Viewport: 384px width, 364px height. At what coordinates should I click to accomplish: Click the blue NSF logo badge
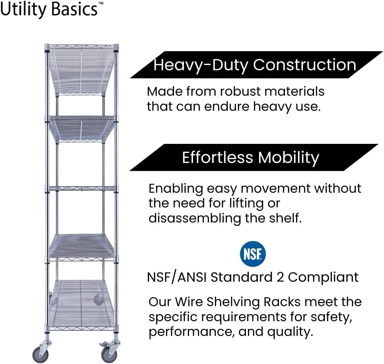click(x=253, y=254)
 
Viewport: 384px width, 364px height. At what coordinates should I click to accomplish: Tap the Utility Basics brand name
click(x=49, y=9)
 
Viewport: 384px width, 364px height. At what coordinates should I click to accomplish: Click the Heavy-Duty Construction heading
click(x=255, y=65)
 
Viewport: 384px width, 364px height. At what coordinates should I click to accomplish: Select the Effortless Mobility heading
click(x=251, y=157)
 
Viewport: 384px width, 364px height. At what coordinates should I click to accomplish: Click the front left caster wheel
click(x=41, y=354)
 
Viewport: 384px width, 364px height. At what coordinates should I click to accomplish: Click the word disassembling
click(x=195, y=218)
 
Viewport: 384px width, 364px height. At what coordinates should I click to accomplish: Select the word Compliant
click(x=323, y=278)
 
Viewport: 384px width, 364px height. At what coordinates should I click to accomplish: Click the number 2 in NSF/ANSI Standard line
click(x=280, y=277)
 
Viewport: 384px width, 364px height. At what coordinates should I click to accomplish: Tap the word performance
click(x=190, y=332)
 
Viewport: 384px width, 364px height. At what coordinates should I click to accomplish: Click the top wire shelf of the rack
click(x=81, y=70)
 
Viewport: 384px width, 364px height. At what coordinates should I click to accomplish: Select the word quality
click(x=290, y=332)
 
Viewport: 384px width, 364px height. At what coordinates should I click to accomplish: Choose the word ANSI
click(x=192, y=277)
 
